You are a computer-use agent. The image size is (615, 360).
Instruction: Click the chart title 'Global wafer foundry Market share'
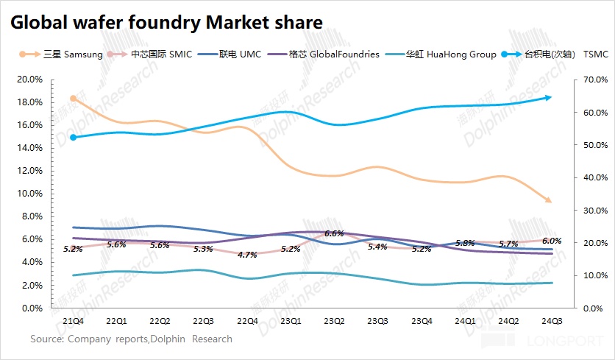point(166,22)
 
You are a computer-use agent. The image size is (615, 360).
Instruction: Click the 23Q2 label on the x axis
point(334,321)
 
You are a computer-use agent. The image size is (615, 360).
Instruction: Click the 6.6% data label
point(334,233)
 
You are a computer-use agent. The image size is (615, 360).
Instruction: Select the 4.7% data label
point(247,255)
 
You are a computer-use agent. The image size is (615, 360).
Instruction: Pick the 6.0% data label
point(552,241)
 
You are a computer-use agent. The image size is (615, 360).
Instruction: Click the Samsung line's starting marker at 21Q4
point(74,98)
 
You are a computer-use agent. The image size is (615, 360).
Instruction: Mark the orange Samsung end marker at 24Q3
point(548,200)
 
